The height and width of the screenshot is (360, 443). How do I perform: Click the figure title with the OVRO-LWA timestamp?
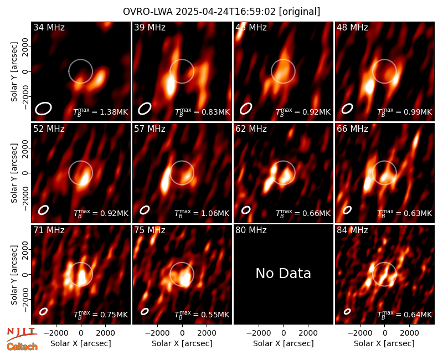point(221,12)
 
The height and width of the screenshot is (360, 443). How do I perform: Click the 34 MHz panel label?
point(49,27)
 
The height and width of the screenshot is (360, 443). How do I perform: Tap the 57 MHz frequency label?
point(150,129)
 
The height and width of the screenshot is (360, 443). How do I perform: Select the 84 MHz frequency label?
point(352,230)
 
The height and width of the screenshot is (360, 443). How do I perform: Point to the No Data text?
point(284,273)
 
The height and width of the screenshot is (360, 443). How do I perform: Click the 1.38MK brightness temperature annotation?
point(101,112)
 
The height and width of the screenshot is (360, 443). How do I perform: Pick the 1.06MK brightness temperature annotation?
point(202,213)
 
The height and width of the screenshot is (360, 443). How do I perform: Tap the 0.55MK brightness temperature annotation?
point(202,315)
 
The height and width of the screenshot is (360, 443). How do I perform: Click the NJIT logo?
point(21,334)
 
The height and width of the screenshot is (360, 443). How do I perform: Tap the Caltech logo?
point(22,347)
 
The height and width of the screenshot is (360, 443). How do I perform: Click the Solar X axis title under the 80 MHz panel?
point(284,343)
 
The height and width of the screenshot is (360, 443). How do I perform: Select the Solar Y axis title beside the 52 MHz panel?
point(14,173)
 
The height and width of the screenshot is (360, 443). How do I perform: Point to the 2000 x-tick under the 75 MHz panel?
point(207,333)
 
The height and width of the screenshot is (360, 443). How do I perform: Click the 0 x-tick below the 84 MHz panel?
point(384,333)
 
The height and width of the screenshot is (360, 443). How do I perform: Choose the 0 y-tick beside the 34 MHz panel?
point(25,71)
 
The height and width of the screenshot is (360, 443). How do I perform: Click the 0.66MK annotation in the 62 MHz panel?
point(303,213)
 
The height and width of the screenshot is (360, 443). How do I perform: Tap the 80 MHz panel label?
point(251,230)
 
